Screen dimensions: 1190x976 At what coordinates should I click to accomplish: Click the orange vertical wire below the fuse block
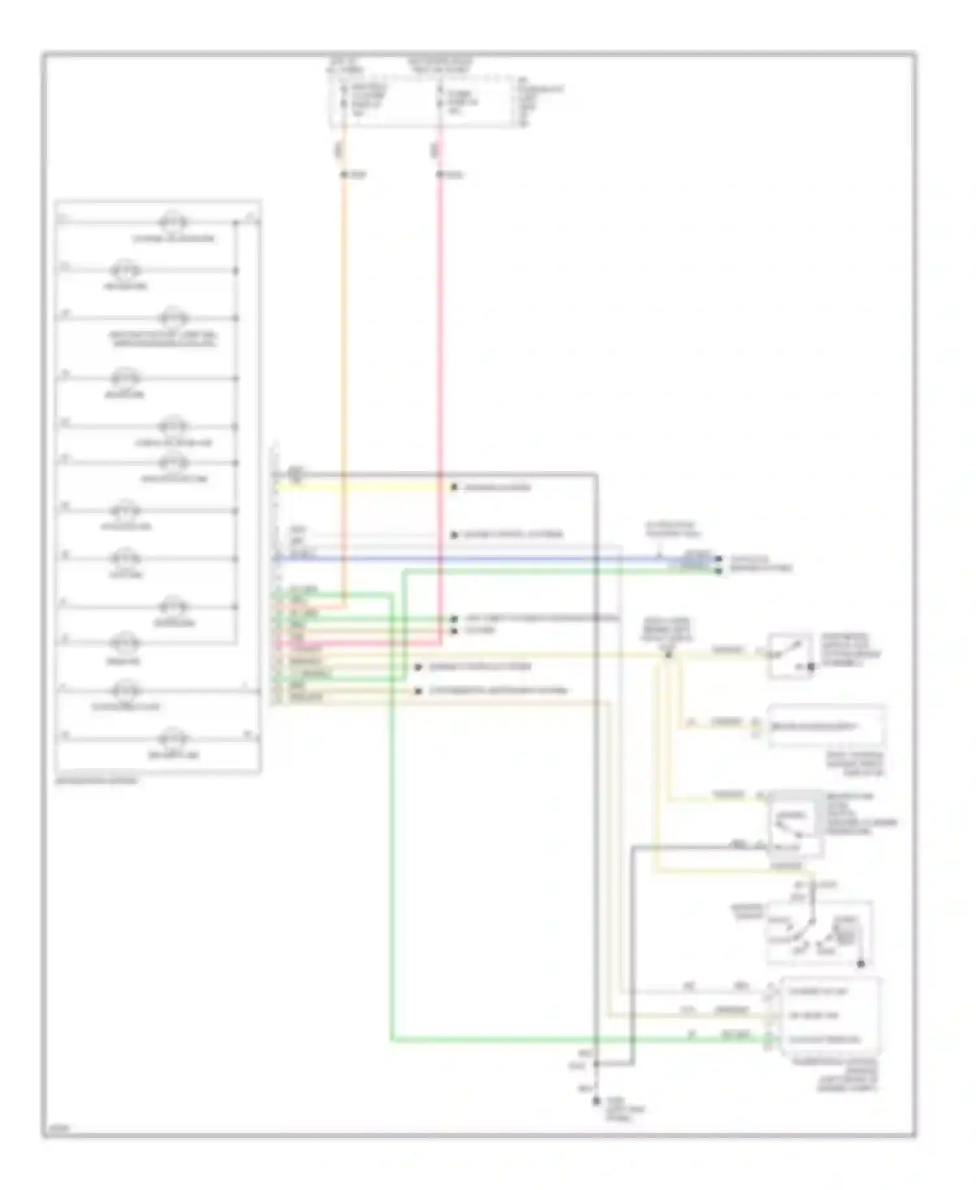point(344,325)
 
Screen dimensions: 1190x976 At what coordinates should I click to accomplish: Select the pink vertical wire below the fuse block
point(440,325)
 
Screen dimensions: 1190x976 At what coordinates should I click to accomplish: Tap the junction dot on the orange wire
point(344,174)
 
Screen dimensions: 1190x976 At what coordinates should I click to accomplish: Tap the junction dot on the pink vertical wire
point(440,174)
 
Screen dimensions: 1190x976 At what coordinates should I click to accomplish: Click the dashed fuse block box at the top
point(423,101)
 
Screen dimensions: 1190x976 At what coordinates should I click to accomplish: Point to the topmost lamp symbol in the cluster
point(173,222)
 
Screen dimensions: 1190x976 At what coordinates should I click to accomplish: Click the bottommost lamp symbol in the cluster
point(173,738)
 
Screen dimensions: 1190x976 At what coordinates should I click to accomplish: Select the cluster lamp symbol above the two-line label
point(173,318)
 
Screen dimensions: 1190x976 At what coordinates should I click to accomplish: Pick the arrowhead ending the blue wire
point(719,559)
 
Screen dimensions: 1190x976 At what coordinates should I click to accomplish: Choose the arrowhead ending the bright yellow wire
point(454,487)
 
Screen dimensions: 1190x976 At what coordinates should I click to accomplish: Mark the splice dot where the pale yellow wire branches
point(668,654)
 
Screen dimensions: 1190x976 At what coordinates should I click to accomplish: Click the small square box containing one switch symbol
point(789,654)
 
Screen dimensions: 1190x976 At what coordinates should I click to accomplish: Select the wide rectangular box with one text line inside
point(826,726)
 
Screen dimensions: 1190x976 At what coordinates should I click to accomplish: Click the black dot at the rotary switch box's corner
point(861,964)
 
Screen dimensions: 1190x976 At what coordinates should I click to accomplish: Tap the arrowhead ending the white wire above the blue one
point(454,535)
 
